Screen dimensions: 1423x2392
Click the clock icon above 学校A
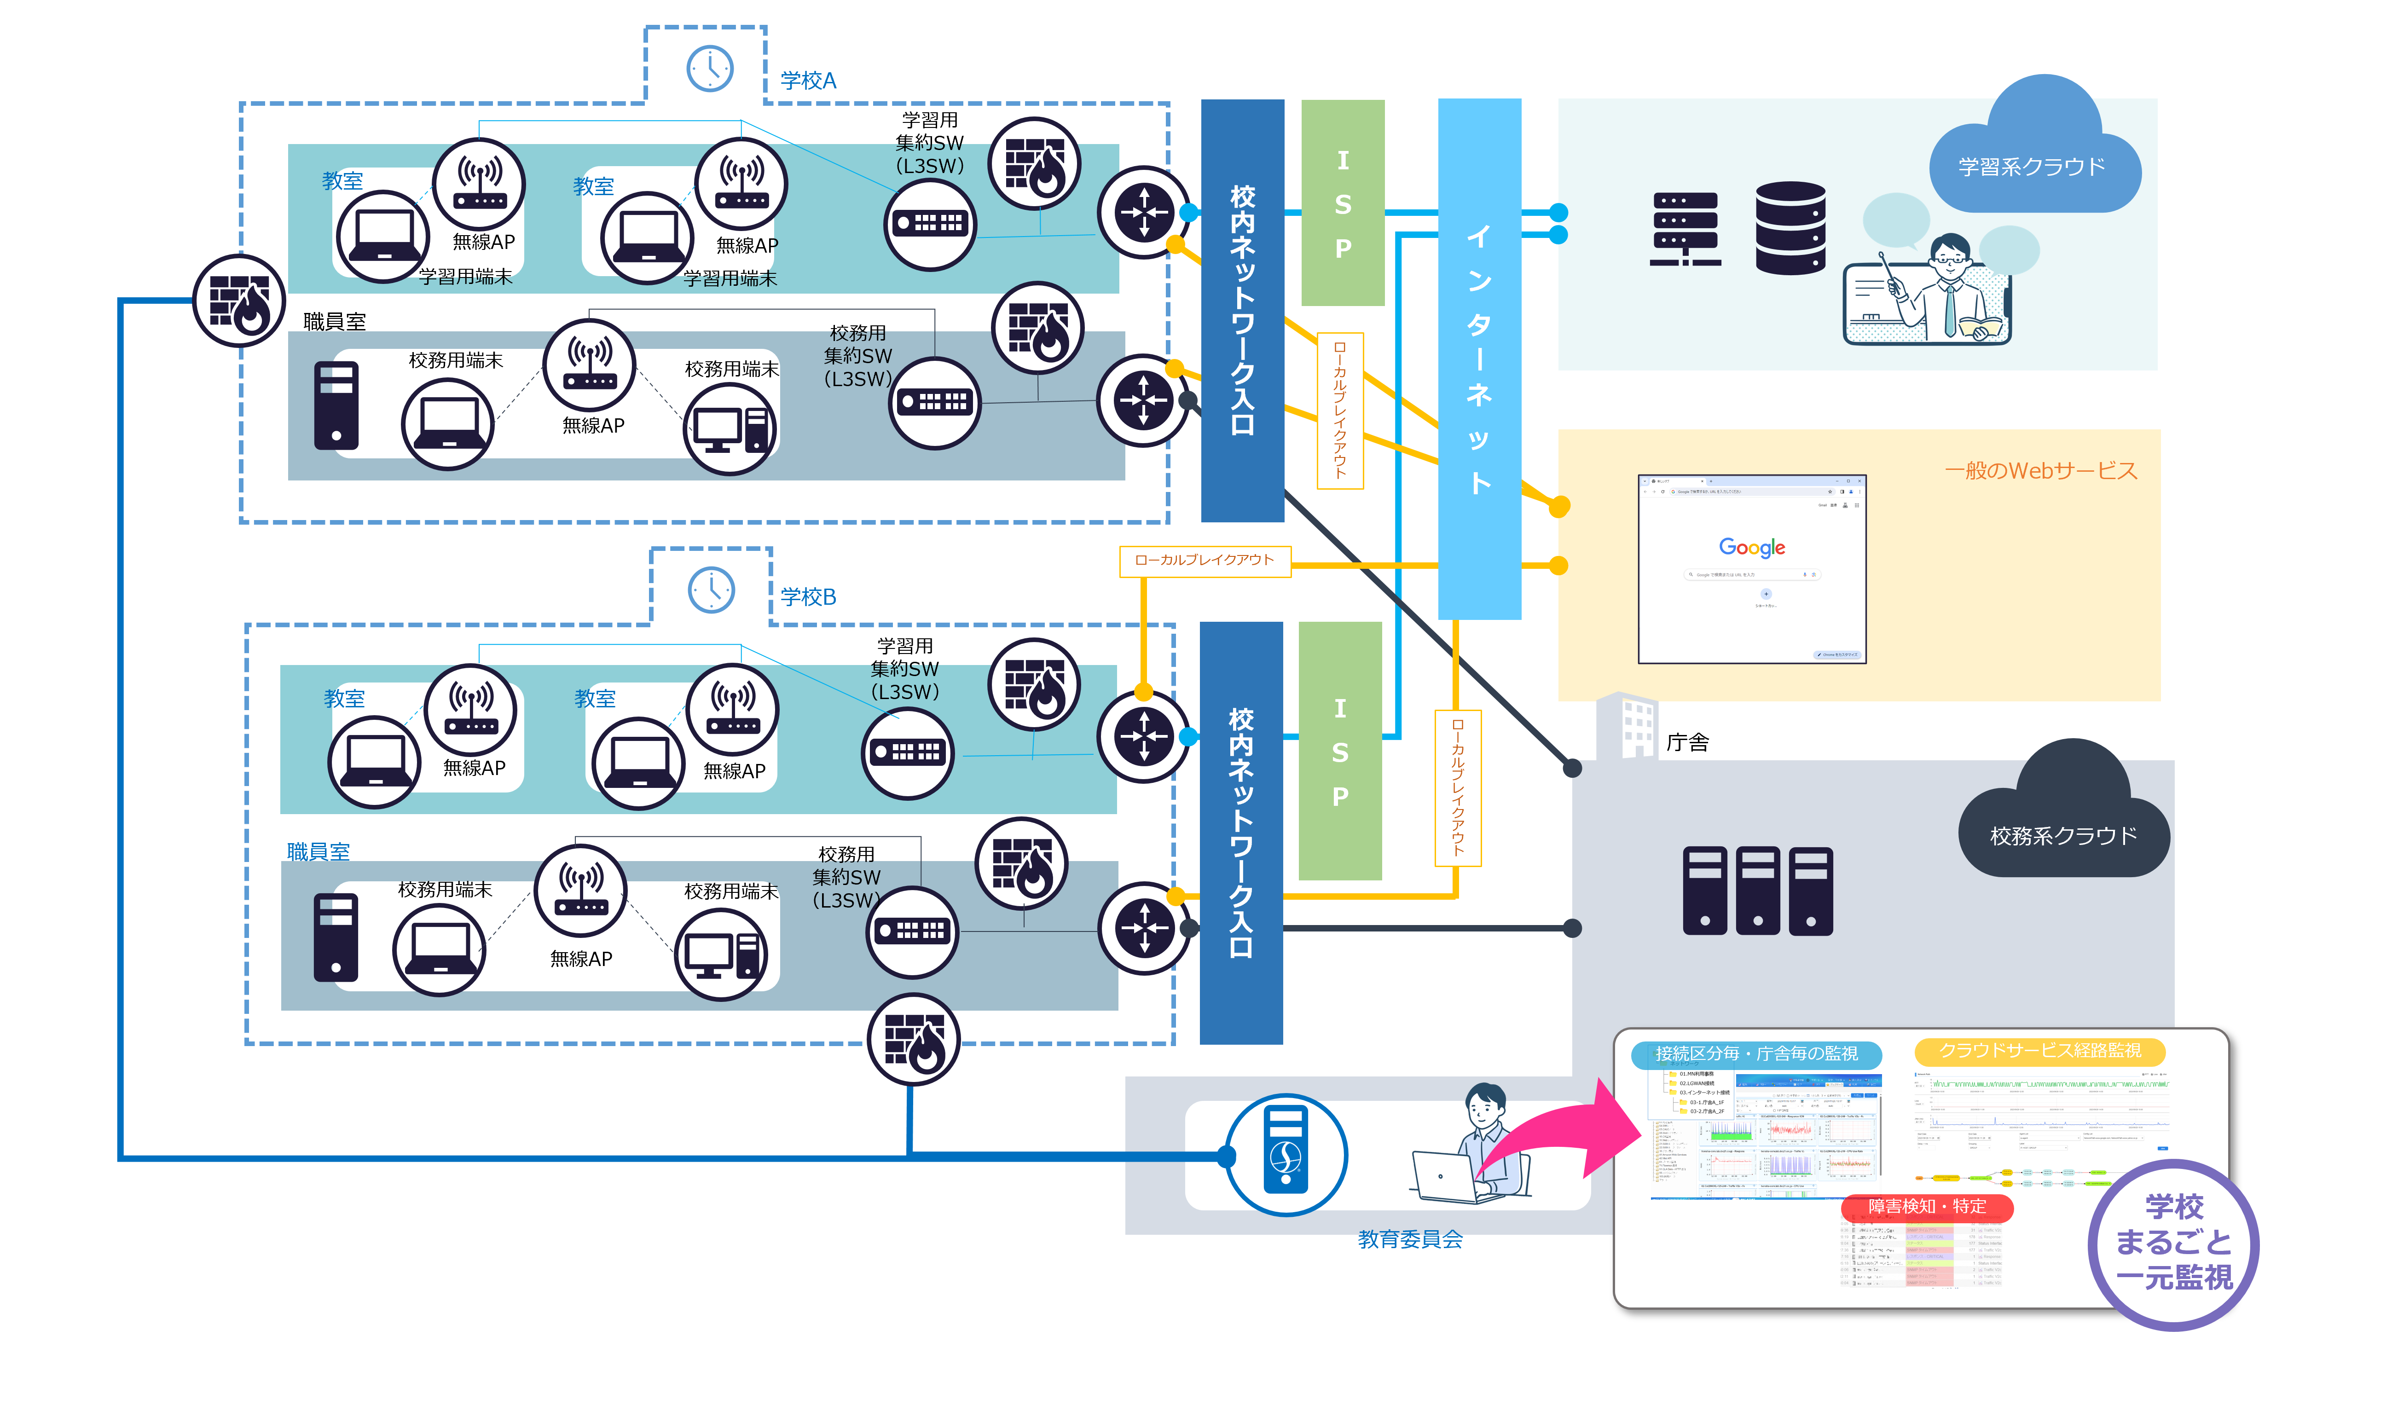tap(709, 68)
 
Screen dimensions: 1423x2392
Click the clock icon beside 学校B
tap(712, 590)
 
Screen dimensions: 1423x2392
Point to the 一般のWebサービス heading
tap(2040, 471)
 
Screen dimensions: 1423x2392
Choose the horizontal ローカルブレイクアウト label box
tap(1204, 560)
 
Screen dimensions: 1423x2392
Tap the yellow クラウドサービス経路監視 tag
tap(2039, 1051)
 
